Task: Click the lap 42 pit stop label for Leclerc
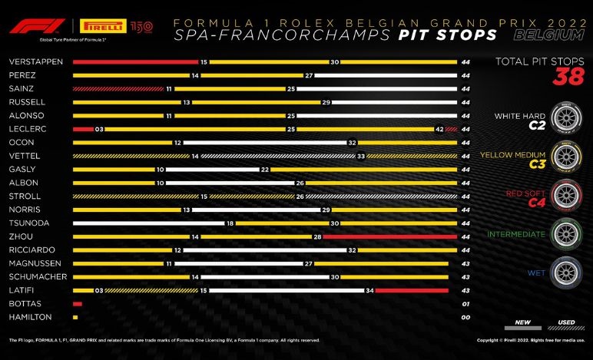tap(439, 129)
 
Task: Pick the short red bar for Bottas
tap(77, 304)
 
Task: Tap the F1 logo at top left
tap(26, 27)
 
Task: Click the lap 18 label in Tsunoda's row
tap(229, 223)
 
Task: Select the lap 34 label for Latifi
tap(369, 290)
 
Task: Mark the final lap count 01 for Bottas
tap(465, 304)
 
